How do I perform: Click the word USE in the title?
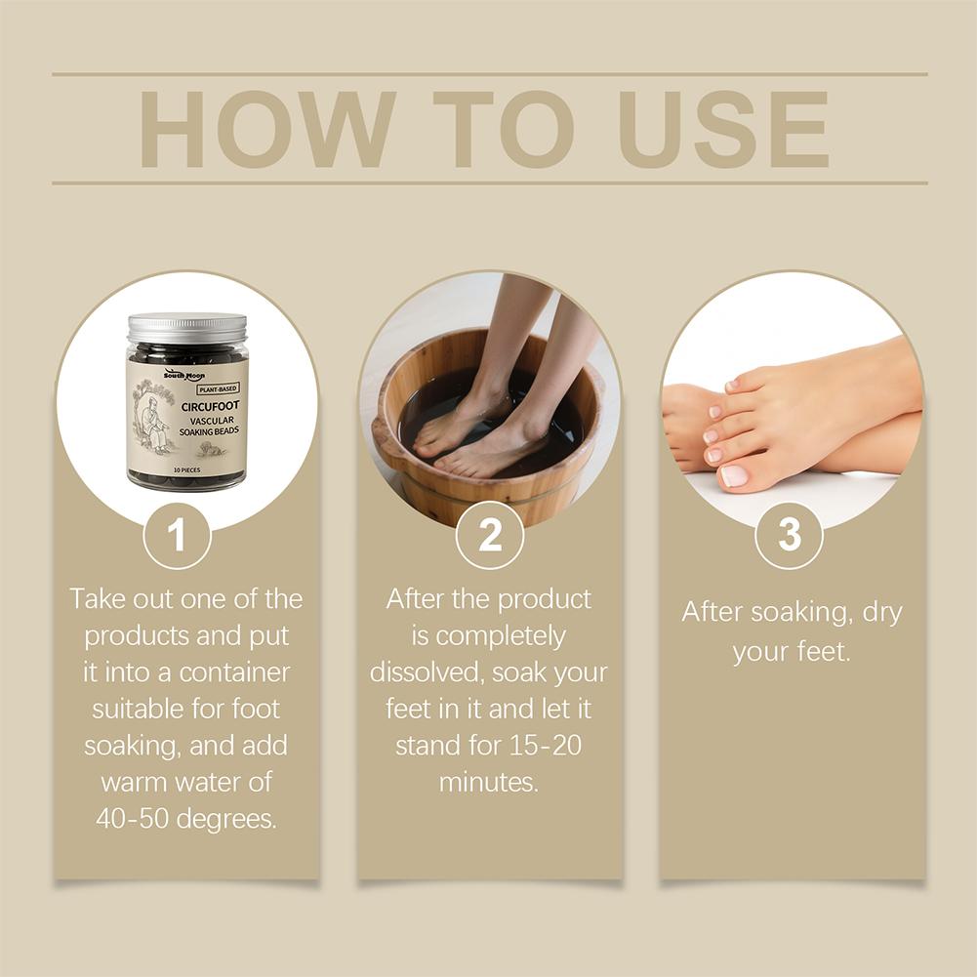click(x=723, y=129)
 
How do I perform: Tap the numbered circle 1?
click(x=177, y=535)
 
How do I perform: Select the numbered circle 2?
click(x=489, y=535)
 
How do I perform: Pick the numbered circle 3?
click(x=789, y=535)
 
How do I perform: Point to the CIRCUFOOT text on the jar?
click(x=210, y=406)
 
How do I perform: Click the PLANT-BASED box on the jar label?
click(x=218, y=388)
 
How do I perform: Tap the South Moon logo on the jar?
click(x=183, y=375)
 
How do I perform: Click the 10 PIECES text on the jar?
click(x=187, y=469)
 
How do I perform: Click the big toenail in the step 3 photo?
click(x=734, y=475)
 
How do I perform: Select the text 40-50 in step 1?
click(x=132, y=819)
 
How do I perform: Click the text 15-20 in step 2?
click(x=546, y=746)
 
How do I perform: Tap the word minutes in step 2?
click(x=488, y=782)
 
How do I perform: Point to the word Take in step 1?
click(x=96, y=598)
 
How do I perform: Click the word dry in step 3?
click(x=882, y=613)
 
